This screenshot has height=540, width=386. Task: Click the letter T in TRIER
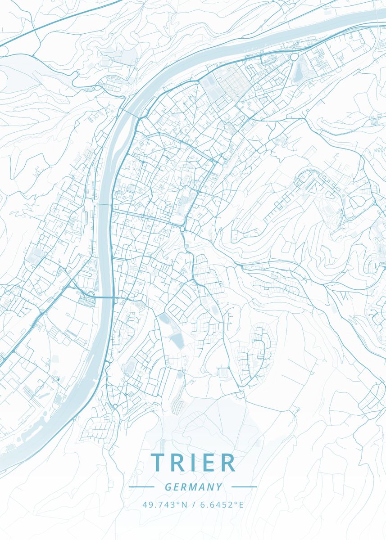[x=158, y=463]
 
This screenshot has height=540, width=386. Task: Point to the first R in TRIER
[x=177, y=463]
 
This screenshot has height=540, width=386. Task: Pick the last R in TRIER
[x=228, y=463]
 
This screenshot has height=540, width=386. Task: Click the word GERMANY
[x=193, y=487]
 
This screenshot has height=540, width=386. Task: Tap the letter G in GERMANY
[x=168, y=487]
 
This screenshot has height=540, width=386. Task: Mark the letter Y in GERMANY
[x=219, y=487]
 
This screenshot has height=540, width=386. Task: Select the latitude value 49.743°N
[x=165, y=505]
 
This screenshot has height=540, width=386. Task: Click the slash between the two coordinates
[x=194, y=505]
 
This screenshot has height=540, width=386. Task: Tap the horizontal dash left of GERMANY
[x=141, y=487]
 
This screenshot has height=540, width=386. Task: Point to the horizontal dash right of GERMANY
[x=244, y=487]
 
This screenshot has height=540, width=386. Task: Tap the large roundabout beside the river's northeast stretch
[x=295, y=57]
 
